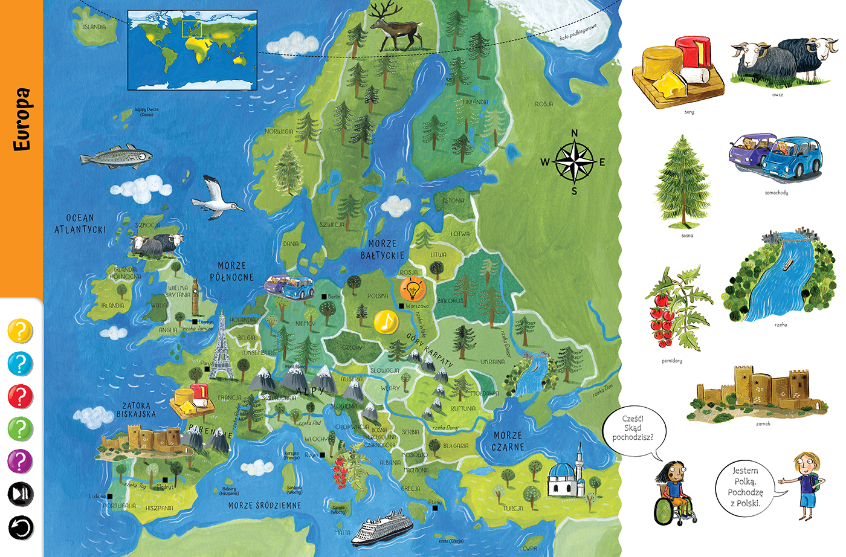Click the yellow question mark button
[20, 331]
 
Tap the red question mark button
[20, 397]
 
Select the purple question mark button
[20, 462]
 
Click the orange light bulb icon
[413, 289]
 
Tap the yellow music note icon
[386, 321]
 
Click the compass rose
[574, 162]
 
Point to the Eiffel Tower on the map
[221, 346]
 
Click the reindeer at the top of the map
[395, 27]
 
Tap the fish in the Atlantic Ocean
[116, 157]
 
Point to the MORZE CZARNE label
[508, 441]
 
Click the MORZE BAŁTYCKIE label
[382, 249]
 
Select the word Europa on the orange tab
[22, 119]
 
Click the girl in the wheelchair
[674, 492]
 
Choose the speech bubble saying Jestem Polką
[745, 486]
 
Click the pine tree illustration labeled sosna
[683, 181]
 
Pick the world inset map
[193, 50]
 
